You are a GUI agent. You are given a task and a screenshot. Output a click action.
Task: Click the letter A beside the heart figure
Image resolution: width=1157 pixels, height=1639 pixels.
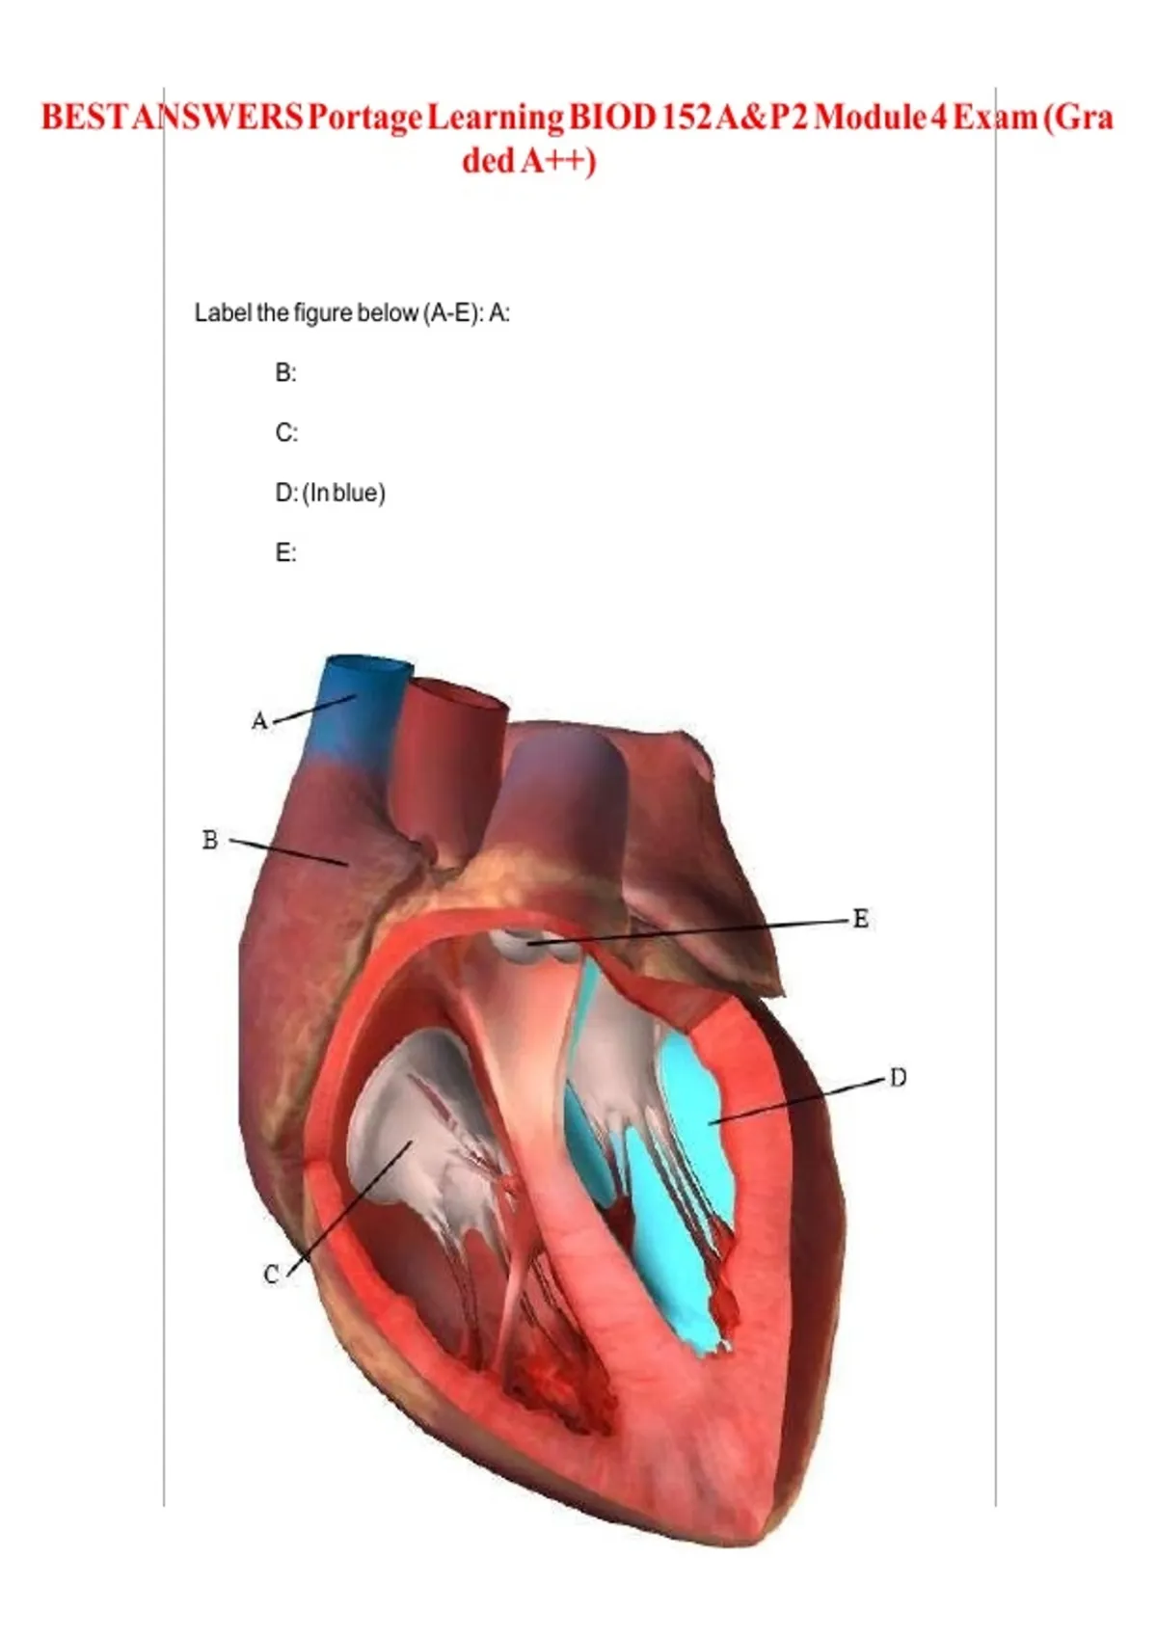point(258,720)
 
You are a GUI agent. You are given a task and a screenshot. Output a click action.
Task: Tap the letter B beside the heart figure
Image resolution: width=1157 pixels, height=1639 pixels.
point(210,840)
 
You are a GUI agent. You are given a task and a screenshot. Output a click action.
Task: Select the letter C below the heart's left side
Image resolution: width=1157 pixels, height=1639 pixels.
point(271,1274)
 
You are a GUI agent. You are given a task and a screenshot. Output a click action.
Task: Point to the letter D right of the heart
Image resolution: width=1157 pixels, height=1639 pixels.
point(898,1077)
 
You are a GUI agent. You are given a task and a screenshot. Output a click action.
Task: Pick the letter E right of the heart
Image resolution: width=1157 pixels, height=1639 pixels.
point(861,919)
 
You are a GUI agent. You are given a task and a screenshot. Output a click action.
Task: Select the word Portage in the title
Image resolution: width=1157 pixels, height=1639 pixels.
point(365,118)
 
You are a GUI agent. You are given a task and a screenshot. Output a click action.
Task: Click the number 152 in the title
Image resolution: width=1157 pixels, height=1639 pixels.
point(683,118)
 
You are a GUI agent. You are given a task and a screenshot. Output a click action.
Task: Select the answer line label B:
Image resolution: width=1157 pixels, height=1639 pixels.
point(285,372)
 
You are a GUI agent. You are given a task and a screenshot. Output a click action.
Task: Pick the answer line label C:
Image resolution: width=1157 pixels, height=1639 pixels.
point(285,433)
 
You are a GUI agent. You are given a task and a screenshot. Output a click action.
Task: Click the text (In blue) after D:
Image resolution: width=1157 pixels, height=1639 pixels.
point(344,493)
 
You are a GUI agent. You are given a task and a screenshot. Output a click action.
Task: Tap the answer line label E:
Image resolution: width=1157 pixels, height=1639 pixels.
point(285,552)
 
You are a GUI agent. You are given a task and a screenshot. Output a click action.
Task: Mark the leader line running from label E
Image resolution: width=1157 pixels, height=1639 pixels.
point(694,929)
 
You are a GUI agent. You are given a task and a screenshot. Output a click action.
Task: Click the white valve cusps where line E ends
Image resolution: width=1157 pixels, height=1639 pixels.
point(525,946)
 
